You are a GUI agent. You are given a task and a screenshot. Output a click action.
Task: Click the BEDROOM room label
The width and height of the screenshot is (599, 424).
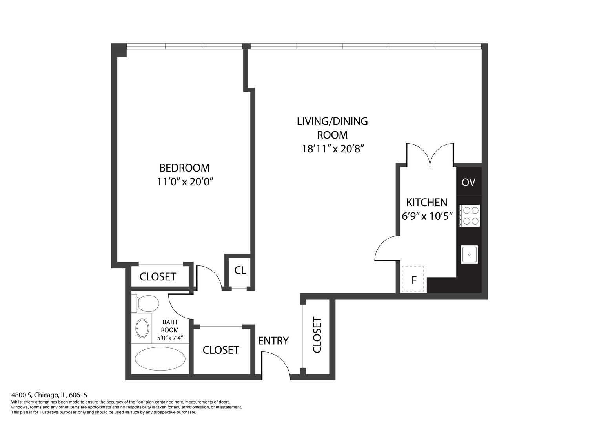tap(184, 168)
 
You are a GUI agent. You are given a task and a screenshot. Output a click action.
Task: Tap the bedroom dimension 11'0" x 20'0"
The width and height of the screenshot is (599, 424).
tap(184, 182)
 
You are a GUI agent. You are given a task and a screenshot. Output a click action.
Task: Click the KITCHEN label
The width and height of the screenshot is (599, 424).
tap(426, 203)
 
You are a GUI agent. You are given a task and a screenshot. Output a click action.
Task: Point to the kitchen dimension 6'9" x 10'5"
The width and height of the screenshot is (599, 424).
tap(427, 216)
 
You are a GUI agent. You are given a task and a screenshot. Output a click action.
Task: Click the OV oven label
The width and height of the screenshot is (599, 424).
tap(468, 182)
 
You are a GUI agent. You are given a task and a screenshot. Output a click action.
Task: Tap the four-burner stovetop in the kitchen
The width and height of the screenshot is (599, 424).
tap(470, 216)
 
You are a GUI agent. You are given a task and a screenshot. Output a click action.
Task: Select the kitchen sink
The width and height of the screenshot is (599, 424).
tap(469, 254)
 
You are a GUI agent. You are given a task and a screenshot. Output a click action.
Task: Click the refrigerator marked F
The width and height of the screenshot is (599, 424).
tap(413, 280)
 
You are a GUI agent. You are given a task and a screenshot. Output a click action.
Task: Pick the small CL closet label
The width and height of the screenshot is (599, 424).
tap(240, 270)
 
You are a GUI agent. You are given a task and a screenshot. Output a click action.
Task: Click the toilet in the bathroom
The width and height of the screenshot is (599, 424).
tap(146, 303)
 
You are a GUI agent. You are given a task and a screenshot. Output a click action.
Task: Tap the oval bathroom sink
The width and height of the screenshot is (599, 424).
tap(142, 328)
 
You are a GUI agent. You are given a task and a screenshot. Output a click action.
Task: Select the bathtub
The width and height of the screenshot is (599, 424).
tap(160, 359)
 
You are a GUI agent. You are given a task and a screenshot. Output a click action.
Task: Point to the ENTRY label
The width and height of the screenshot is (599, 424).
tap(273, 341)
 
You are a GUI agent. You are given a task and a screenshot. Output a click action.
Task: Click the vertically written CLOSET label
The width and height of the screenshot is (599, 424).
tap(317, 335)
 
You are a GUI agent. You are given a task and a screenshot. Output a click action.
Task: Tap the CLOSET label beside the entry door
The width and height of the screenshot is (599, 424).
tap(220, 350)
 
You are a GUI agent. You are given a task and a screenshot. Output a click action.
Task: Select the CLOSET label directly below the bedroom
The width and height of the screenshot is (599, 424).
tap(158, 277)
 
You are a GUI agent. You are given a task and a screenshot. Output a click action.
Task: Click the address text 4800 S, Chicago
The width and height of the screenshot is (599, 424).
tap(49, 395)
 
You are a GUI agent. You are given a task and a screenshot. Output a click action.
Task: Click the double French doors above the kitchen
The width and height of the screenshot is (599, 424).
tap(430, 155)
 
